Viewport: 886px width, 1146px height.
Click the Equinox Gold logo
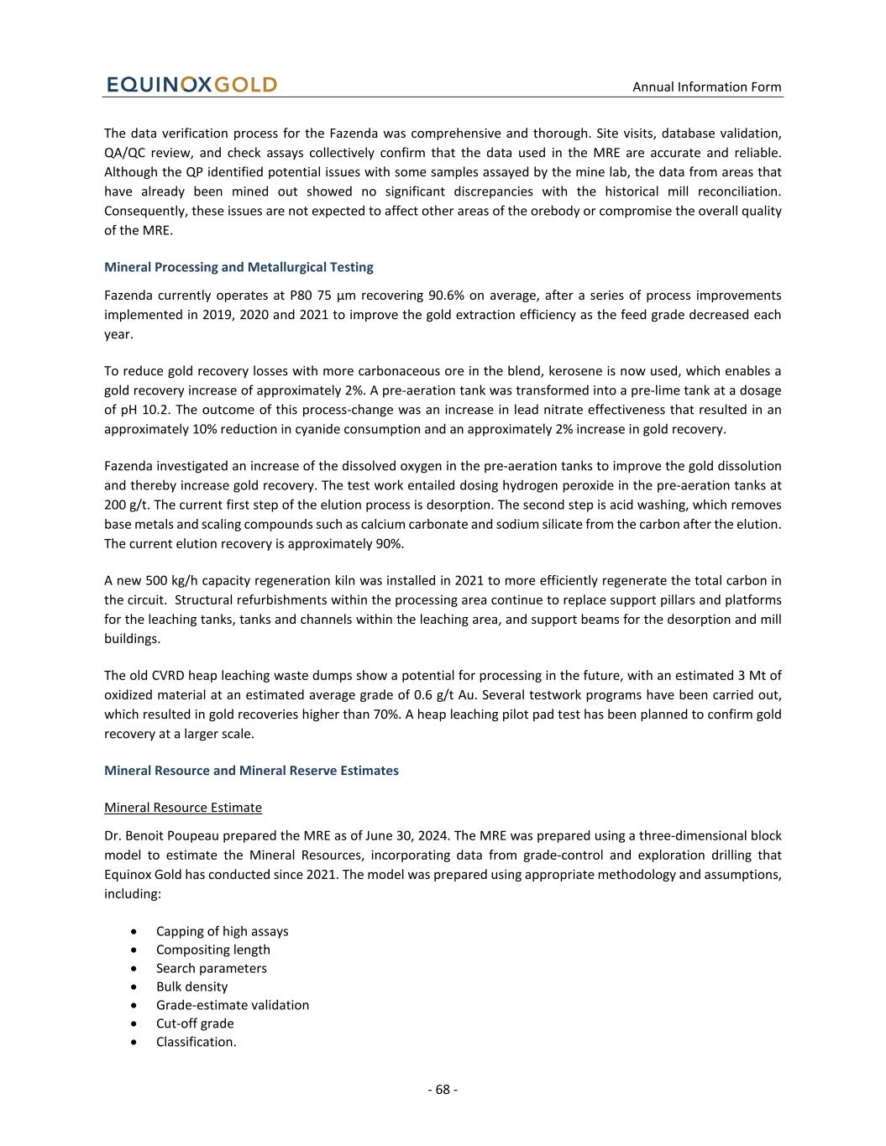[191, 85]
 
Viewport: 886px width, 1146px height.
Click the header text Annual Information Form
[706, 86]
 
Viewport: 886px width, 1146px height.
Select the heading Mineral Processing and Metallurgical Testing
[239, 267]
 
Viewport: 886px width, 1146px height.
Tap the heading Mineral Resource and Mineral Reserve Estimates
[251, 770]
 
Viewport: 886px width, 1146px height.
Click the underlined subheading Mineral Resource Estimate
[183, 807]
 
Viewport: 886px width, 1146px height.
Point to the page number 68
[443, 1089]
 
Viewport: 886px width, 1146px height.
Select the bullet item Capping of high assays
[222, 931]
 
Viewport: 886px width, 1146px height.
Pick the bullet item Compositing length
[213, 950]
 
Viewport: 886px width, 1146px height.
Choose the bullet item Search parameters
[212, 968]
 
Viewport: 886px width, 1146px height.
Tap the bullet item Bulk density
[191, 986]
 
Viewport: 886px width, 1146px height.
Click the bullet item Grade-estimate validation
[233, 1005]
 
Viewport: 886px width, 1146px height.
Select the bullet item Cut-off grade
[195, 1023]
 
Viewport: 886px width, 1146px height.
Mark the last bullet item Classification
[197, 1042]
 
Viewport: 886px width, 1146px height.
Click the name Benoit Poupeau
[167, 835]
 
